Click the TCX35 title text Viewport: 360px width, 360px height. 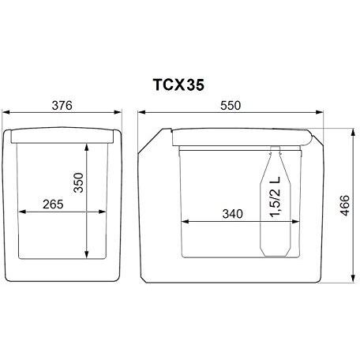[178, 85]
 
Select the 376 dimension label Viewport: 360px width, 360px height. [62, 106]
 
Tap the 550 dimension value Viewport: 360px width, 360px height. [231, 106]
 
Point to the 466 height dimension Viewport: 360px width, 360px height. [345, 205]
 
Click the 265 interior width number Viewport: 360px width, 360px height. [53, 204]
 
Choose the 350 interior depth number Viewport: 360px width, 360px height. [78, 182]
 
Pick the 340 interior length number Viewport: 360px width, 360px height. [233, 214]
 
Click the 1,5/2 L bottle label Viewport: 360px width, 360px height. [276, 197]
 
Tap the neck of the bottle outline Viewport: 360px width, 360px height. [276, 152]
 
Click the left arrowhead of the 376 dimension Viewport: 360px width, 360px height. [6, 112]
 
